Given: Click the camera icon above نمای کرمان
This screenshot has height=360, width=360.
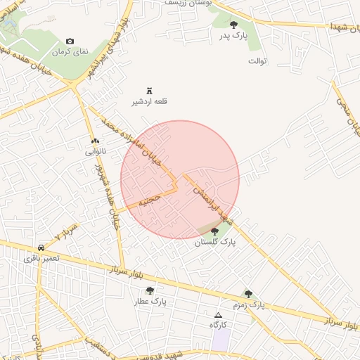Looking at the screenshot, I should (x=70, y=41).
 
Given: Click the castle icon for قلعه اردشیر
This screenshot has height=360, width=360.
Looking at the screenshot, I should (x=149, y=90).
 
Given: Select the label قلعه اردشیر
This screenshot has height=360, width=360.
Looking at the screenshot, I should (x=150, y=102).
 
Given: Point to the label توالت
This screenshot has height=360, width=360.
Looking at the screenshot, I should (x=258, y=61).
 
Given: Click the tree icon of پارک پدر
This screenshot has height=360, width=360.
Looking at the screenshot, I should (x=233, y=25).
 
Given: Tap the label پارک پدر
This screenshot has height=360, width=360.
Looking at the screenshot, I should (x=233, y=36).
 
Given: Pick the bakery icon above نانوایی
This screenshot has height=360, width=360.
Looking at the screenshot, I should (x=96, y=140).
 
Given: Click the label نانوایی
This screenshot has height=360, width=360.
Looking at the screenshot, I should (x=96, y=151).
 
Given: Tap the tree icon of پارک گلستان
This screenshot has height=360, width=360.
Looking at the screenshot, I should (x=214, y=231).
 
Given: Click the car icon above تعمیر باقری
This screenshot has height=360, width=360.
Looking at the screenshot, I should (x=41, y=247).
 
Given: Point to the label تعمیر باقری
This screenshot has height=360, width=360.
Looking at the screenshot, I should (x=41, y=259).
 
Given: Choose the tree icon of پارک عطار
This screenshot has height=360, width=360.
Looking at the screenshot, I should (x=150, y=290).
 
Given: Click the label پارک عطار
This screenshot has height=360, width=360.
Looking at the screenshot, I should (x=150, y=302).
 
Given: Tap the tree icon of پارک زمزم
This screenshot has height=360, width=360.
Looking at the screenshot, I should (x=248, y=294).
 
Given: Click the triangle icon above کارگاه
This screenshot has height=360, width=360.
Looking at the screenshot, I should (x=218, y=314).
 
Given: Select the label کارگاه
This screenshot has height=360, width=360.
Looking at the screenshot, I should (x=218, y=325).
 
